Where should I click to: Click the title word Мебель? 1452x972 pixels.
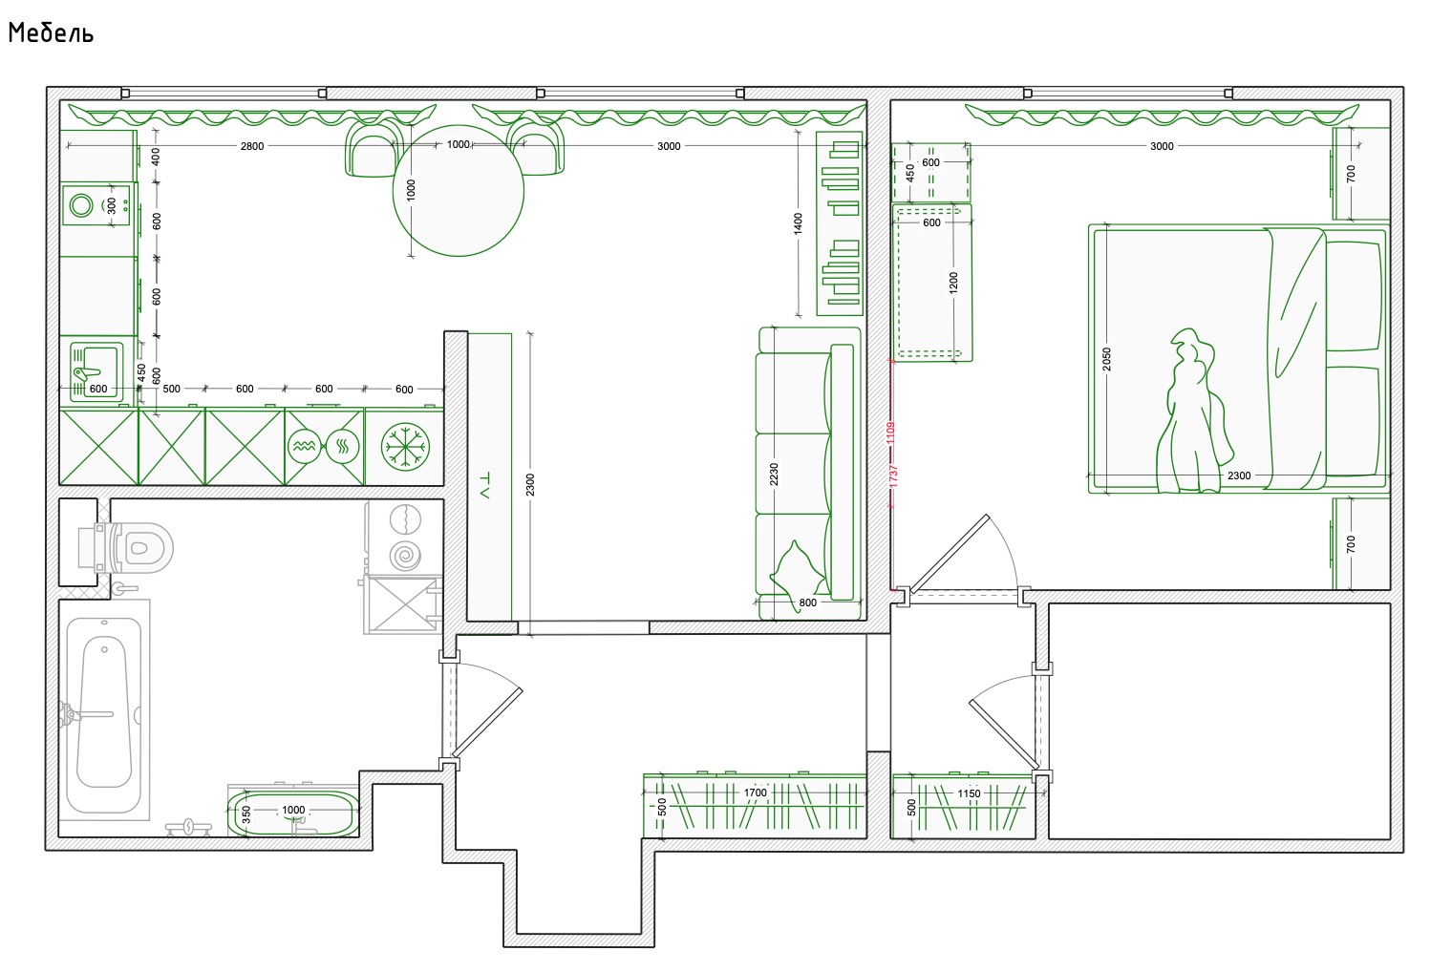coord(52,33)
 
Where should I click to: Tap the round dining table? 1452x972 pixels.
coord(459,191)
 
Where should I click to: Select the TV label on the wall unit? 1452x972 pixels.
coord(484,485)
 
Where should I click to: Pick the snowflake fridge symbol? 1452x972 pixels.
coord(405,447)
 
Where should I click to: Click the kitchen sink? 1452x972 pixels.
coord(96,371)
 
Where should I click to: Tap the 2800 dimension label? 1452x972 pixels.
coord(252,146)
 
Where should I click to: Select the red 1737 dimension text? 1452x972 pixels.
coord(893,476)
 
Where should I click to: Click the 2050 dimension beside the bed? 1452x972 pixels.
coord(1106,360)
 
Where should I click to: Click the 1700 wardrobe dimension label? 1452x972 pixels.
coord(756,792)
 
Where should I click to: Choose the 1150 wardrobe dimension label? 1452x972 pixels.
coord(969,793)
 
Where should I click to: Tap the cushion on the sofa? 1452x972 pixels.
coord(798,569)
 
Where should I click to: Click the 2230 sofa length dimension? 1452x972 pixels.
coord(774,475)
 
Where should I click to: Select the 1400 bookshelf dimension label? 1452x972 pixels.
coord(798,223)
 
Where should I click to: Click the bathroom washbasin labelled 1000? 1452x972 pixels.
coord(293,814)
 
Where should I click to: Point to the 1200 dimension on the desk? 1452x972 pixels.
coord(953,284)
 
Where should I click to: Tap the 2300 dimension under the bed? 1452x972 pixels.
coord(1239,475)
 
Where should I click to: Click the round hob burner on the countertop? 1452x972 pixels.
coord(82,205)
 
